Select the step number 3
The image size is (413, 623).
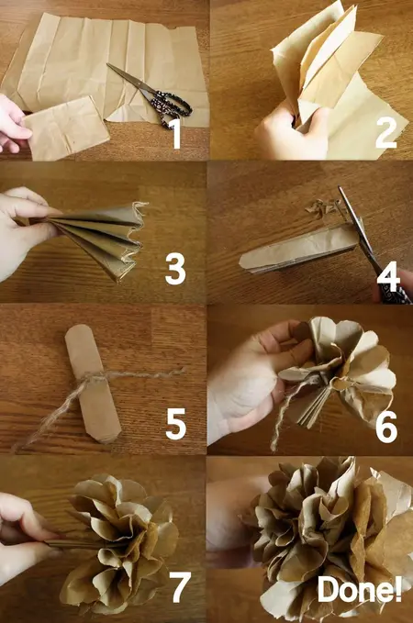tap(175, 268)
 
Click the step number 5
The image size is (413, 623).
tap(176, 424)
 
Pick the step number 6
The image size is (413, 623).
tap(385, 426)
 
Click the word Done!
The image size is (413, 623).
tap(359, 590)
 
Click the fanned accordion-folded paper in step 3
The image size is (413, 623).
tap(92, 240)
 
